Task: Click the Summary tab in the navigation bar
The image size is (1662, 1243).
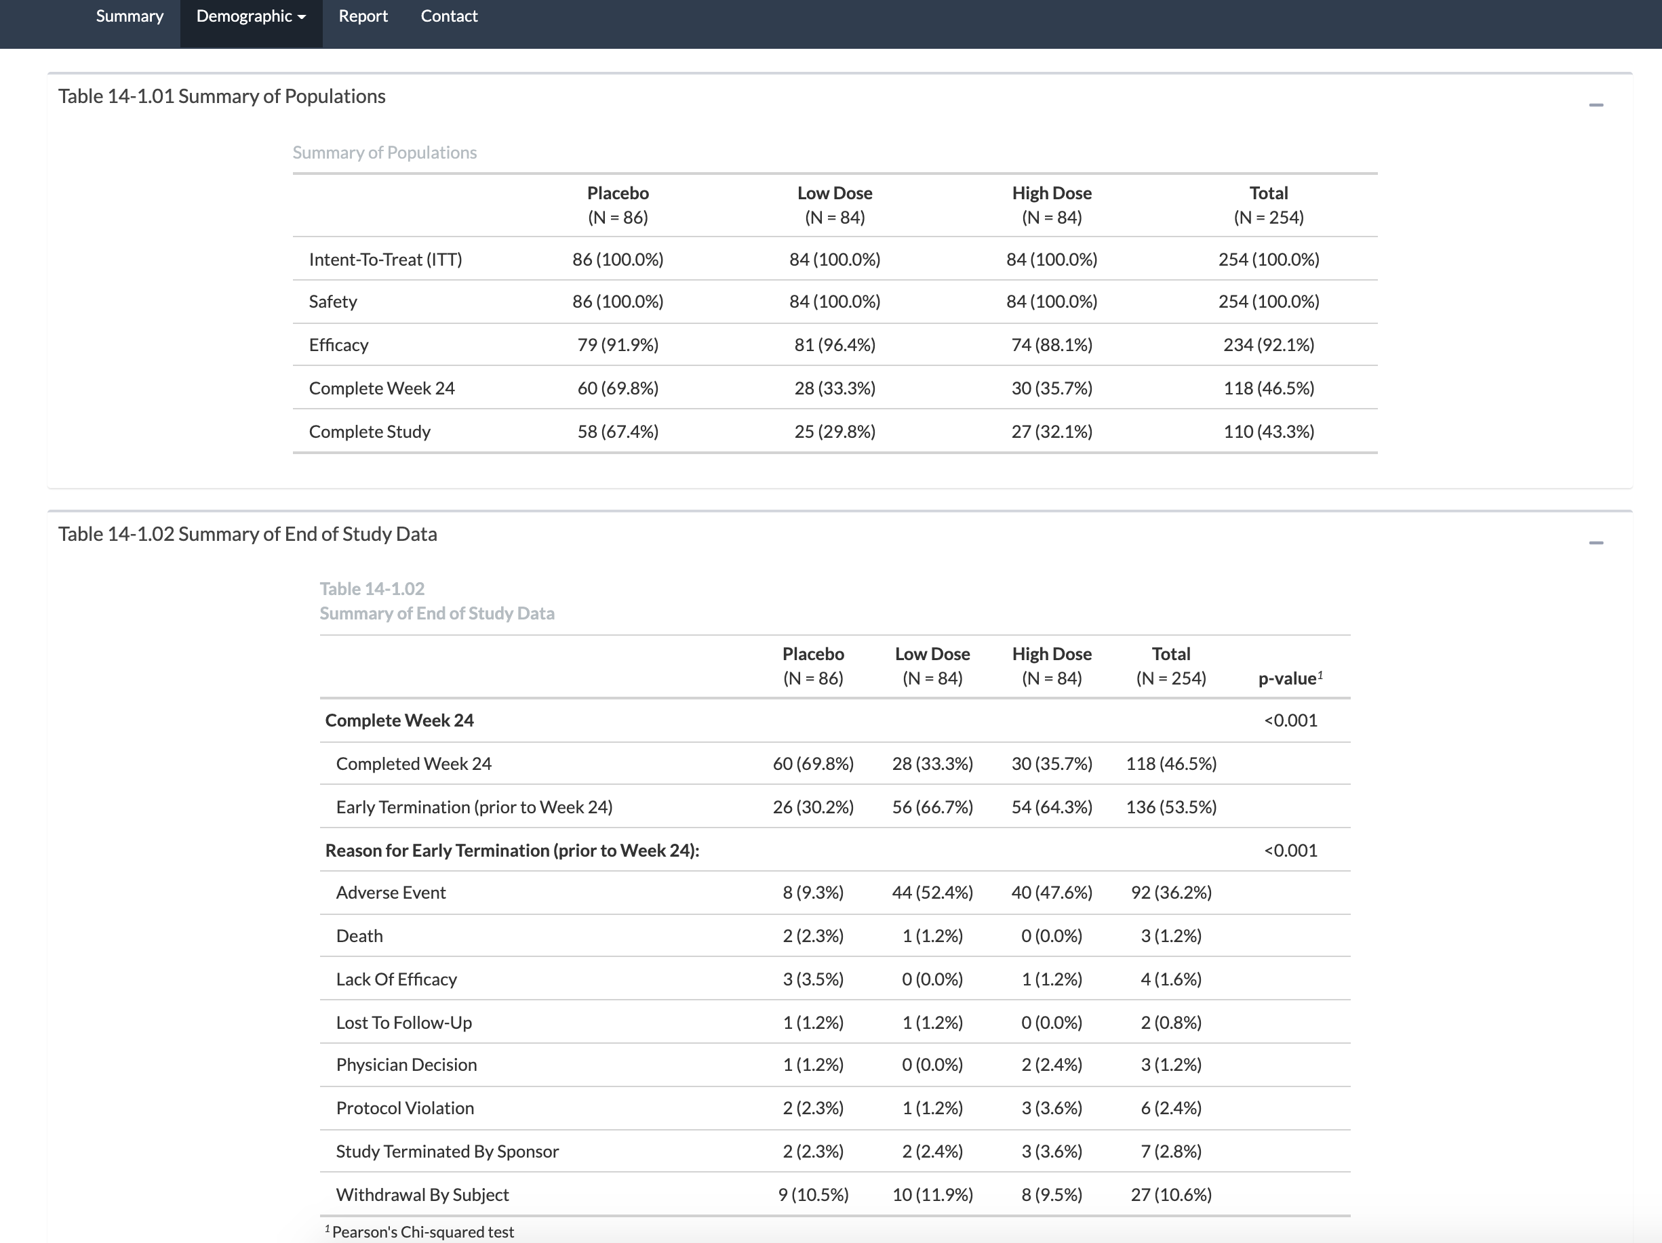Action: point(130,16)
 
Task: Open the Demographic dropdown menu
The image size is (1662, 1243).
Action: point(251,16)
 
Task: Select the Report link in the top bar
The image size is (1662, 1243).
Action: point(363,16)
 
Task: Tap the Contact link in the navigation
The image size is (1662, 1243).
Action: point(449,16)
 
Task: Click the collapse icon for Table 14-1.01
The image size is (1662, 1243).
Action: point(1596,105)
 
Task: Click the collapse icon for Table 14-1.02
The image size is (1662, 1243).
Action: point(1596,543)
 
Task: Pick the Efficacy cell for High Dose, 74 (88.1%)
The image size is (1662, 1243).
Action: point(1051,345)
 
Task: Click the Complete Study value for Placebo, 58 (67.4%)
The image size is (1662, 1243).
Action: point(618,432)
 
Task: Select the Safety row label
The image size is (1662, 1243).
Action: point(333,302)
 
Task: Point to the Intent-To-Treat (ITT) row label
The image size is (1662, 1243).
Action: point(385,260)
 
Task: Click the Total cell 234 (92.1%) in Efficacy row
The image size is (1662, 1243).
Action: point(1268,345)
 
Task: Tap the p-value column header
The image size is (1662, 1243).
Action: point(1289,678)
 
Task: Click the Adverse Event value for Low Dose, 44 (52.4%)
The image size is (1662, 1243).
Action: point(932,892)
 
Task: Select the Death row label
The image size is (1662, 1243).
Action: point(359,936)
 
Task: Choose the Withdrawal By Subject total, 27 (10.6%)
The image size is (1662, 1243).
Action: point(1170,1195)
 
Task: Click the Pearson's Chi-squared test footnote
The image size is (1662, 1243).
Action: point(422,1231)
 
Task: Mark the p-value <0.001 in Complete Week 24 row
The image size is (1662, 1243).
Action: point(1290,720)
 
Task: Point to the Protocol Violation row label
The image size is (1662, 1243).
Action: point(404,1109)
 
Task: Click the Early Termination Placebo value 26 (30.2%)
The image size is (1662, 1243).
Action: point(813,807)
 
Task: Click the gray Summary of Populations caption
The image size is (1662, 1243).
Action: point(384,152)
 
